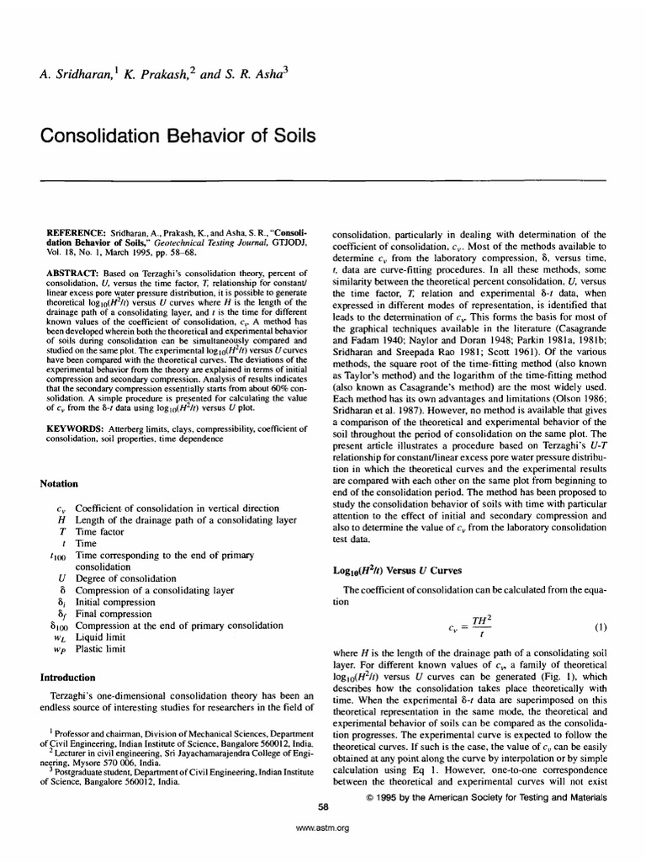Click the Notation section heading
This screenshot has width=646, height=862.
(59, 484)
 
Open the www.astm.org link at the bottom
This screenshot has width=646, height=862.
(323, 827)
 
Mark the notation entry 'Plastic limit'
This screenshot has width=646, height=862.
(100, 650)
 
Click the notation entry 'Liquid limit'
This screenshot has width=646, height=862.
(100, 638)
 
